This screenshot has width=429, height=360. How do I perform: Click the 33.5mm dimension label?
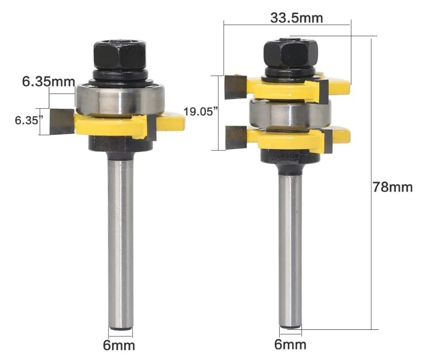pyautogui.click(x=297, y=18)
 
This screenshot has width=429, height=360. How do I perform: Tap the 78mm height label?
pyautogui.click(x=393, y=188)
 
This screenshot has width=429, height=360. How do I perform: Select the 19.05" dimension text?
pyautogui.click(x=201, y=112)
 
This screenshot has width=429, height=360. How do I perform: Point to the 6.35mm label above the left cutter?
pyautogui.click(x=48, y=81)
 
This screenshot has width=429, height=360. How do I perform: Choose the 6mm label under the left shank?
pyautogui.click(x=119, y=345)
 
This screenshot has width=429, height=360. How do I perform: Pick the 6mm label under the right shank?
pyautogui.click(x=290, y=344)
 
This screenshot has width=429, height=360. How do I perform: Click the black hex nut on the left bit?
pyautogui.click(x=120, y=55)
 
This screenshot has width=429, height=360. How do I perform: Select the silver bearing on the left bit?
pyautogui.click(x=120, y=100)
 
